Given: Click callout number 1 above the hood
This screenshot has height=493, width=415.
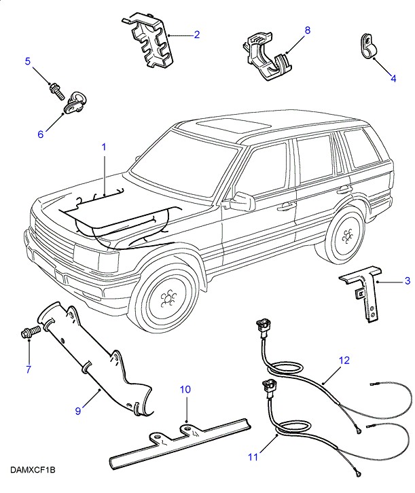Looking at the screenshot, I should pyautogui.click(x=104, y=146).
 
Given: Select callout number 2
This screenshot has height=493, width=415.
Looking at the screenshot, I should pyautogui.click(x=196, y=34).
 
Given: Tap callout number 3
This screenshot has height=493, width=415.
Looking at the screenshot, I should pyautogui.click(x=407, y=280).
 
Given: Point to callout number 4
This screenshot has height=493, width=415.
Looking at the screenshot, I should pyautogui.click(x=392, y=78).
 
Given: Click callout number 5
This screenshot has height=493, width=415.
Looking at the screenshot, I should pyautogui.click(x=28, y=62).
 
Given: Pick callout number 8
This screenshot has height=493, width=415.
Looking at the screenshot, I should pyautogui.click(x=307, y=31).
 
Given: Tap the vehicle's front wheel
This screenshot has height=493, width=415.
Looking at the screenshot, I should pyautogui.click(x=165, y=299).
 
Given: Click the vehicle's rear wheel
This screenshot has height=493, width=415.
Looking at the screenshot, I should pyautogui.click(x=346, y=236).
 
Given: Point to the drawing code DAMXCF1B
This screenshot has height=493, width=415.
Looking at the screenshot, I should pyautogui.click(x=33, y=469).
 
